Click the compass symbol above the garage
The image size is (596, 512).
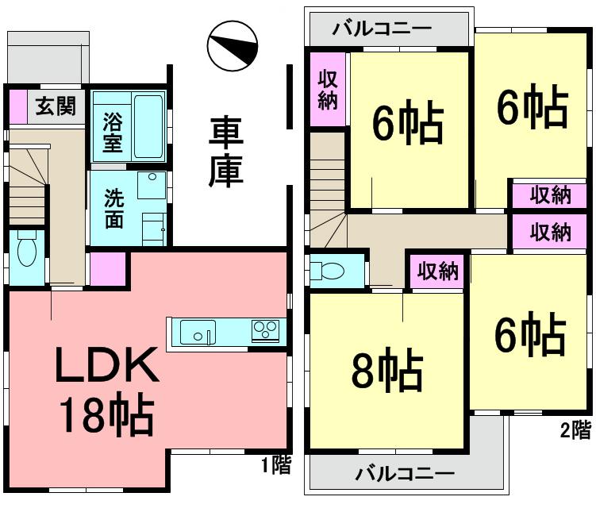click(x=231, y=48)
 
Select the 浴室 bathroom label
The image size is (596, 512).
click(x=112, y=134)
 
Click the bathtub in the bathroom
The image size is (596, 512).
click(x=149, y=127)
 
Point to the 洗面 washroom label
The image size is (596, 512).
click(x=113, y=209)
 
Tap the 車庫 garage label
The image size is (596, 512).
click(x=225, y=152)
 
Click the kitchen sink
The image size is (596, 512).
click(x=196, y=331)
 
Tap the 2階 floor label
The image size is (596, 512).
click(x=575, y=431)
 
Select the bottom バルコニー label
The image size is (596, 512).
click(x=404, y=474)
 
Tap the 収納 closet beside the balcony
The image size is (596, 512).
click(x=328, y=90)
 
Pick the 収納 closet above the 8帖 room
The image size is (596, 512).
click(x=437, y=271)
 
